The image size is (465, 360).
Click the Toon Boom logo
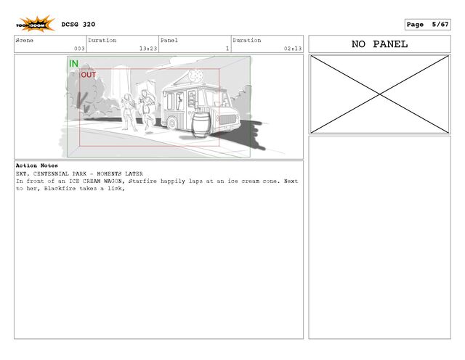(36, 24)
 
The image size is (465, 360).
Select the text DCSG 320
(78, 25)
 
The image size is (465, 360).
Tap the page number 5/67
(440, 24)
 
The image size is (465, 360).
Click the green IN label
(73, 64)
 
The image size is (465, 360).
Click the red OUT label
(89, 75)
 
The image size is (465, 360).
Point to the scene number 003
(79, 49)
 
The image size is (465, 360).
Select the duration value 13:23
(148, 49)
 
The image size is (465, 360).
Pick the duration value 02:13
(293, 49)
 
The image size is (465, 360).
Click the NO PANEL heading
(379, 44)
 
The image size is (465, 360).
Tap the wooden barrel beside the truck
(201, 125)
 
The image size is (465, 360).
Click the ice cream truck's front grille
(227, 119)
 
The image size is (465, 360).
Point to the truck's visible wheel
(172, 123)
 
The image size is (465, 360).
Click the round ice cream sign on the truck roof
(195, 75)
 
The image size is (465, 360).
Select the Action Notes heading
(37, 165)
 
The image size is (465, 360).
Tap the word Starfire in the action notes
(142, 181)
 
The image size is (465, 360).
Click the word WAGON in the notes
(113, 181)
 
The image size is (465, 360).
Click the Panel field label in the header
(169, 41)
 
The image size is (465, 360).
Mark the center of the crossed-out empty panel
(379, 94)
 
